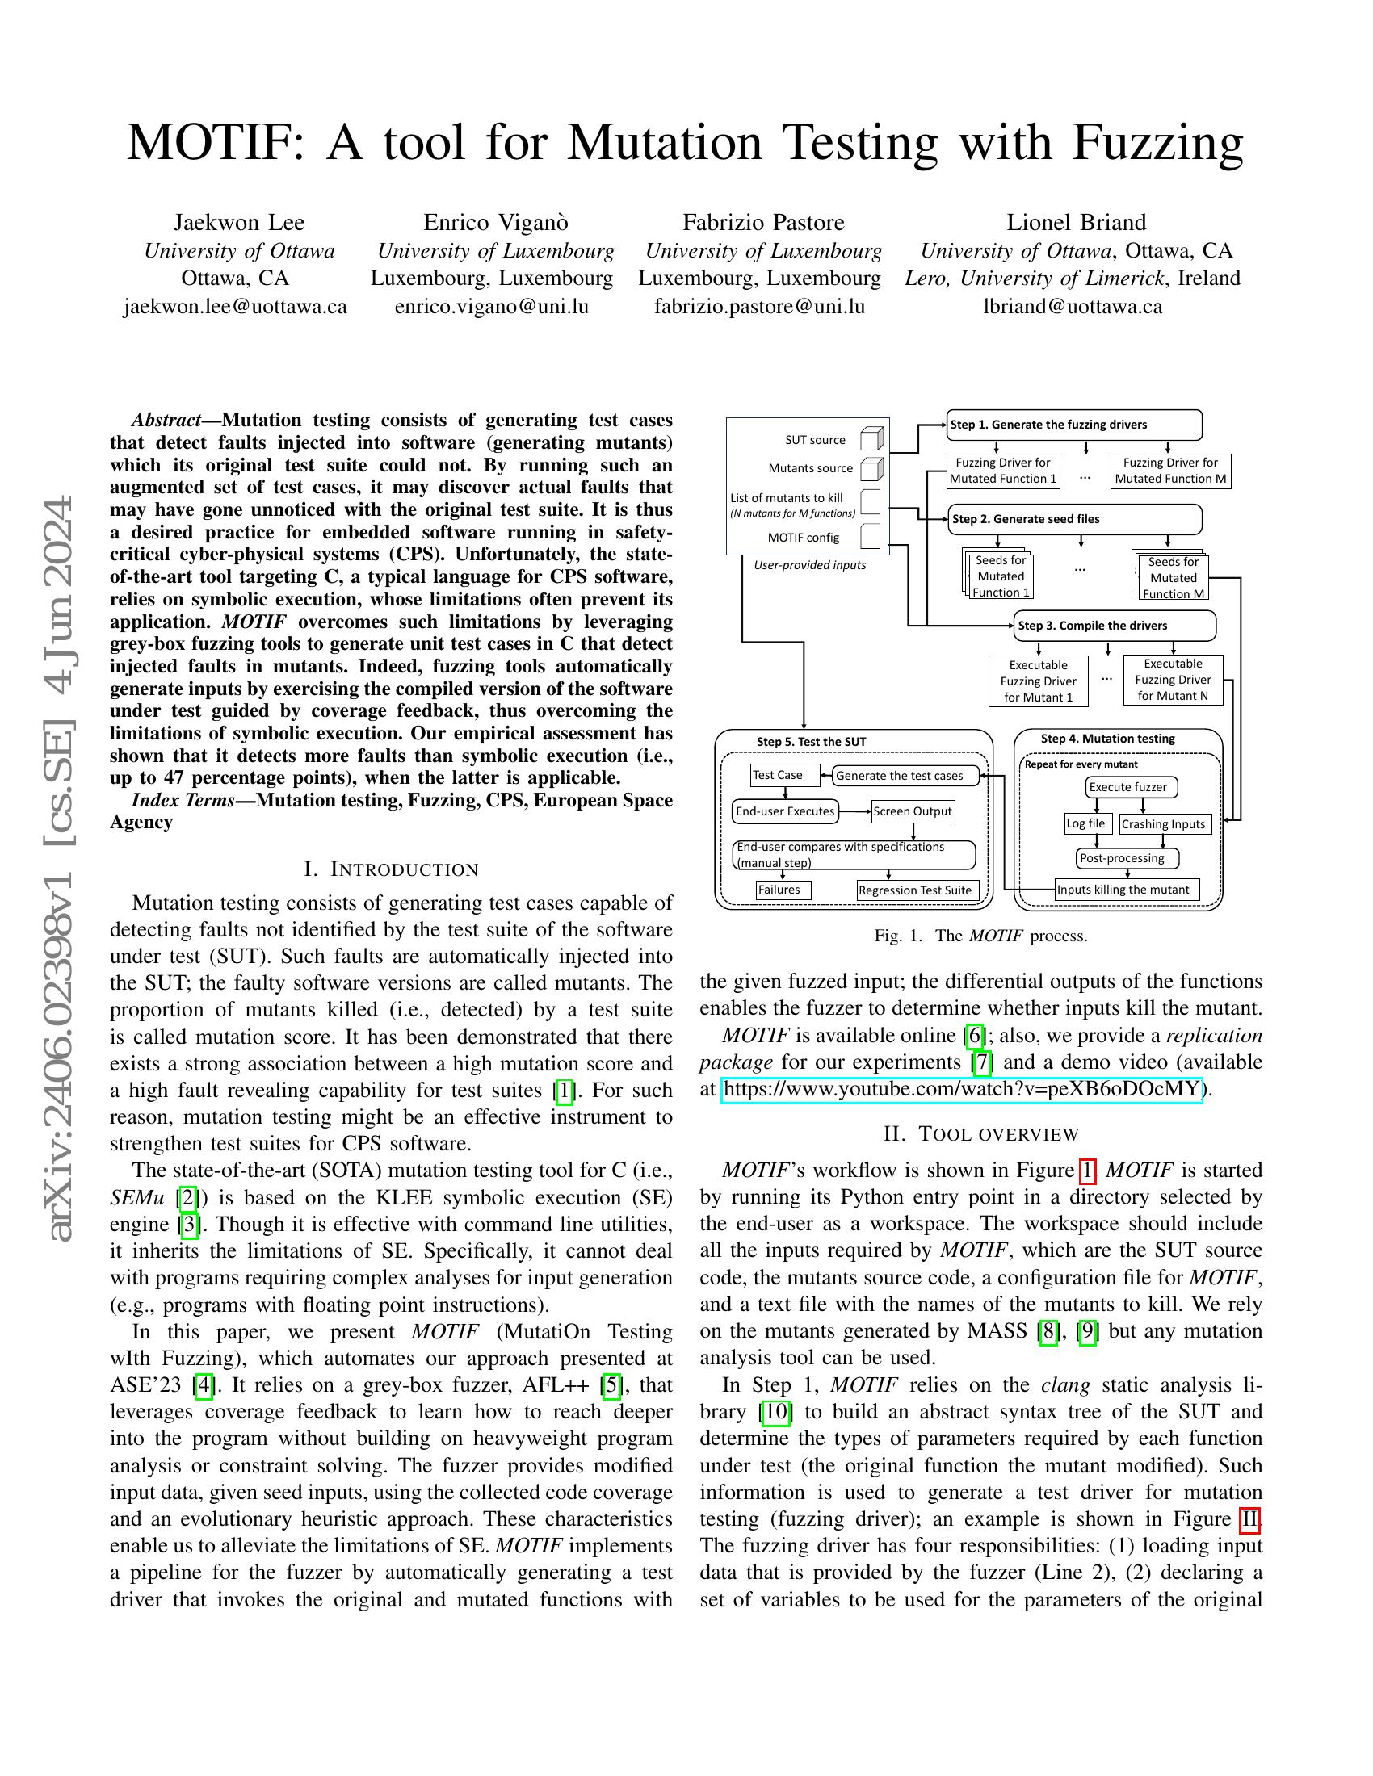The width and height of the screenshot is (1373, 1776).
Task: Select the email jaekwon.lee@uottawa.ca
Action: pos(235,307)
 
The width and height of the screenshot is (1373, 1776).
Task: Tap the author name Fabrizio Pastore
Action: pos(763,222)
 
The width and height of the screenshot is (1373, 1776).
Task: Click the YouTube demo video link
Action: pos(961,1089)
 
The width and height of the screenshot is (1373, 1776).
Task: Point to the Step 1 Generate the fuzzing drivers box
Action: pos(1073,425)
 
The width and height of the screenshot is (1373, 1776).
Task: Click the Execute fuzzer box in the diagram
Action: pos(1131,786)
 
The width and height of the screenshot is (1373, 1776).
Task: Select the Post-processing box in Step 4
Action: pos(1127,858)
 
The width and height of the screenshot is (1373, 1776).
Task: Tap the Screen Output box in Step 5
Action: pos(912,811)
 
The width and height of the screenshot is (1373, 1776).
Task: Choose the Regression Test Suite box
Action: pos(917,890)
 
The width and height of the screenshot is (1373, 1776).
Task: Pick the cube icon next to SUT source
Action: pos(871,439)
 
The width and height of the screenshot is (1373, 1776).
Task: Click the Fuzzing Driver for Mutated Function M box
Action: pos(1169,471)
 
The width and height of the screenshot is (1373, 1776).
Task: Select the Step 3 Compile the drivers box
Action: pos(1115,626)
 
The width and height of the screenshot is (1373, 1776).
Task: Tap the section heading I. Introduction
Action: pos(390,869)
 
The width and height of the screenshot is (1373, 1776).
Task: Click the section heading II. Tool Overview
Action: pos(981,1133)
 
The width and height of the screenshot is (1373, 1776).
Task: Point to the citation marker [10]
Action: pos(775,1412)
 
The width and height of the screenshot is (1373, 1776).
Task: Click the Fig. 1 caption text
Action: pos(980,935)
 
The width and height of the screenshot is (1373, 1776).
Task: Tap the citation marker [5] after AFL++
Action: pos(611,1384)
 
